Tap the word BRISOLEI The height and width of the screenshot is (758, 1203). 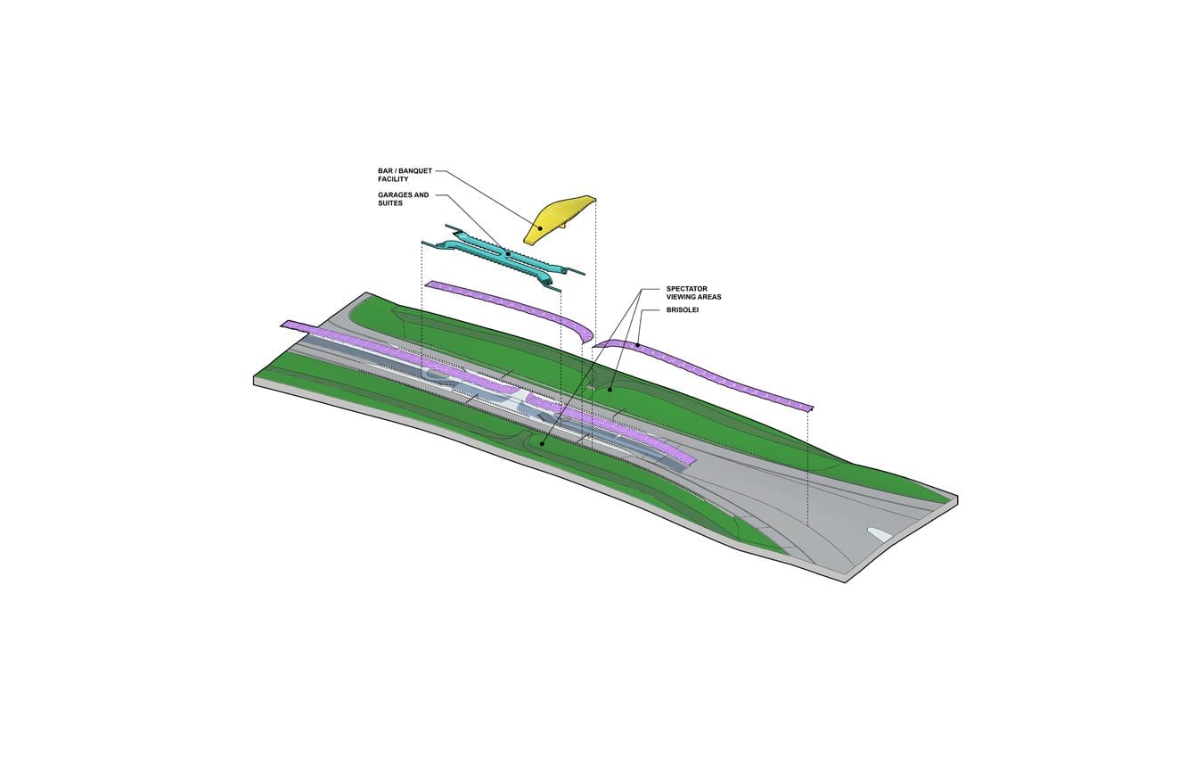683,310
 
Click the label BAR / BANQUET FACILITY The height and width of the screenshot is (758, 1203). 405,176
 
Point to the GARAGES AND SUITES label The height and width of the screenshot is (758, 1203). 404,199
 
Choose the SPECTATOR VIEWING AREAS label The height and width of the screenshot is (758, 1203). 693,293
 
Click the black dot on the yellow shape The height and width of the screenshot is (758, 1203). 540,228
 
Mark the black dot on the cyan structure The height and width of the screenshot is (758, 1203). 508,252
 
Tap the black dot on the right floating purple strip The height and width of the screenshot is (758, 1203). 637,344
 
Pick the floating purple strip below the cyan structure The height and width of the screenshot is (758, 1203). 511,310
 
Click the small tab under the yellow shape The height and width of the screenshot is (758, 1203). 563,226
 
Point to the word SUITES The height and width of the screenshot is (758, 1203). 390,203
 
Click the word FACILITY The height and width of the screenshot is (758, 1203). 393,179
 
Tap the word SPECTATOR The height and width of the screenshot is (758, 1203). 687,289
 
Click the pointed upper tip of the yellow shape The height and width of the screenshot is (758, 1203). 595,198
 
